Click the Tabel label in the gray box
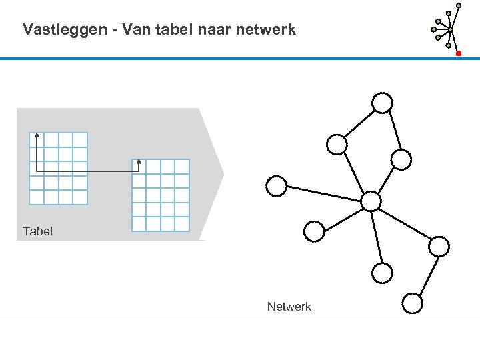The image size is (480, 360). (x=37, y=231)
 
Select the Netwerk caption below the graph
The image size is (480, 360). (x=289, y=307)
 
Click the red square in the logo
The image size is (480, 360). (x=459, y=53)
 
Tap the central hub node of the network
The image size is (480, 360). (x=371, y=201)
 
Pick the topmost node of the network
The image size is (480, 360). (x=382, y=103)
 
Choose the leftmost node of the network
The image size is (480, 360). (x=276, y=186)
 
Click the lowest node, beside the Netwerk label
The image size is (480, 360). (x=413, y=304)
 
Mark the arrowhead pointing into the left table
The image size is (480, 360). (x=37, y=136)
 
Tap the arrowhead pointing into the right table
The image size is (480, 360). (x=138, y=162)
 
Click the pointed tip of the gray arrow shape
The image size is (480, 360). (x=223, y=175)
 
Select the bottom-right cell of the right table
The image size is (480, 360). (x=182, y=224)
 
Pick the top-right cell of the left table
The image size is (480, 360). (x=80, y=139)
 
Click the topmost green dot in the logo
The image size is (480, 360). (x=459, y=5)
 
